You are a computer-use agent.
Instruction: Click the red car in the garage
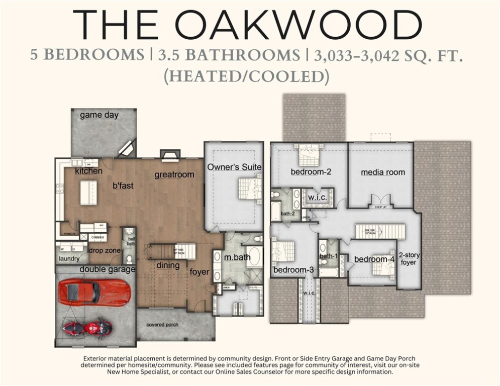tap(94, 293)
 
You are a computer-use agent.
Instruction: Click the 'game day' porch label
tap(99, 115)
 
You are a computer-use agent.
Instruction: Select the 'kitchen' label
tap(88, 171)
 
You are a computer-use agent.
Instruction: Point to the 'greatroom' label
tap(174, 175)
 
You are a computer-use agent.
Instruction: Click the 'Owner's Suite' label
tap(235, 167)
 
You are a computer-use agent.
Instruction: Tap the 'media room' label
tap(382, 172)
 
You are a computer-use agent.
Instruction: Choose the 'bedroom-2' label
tap(311, 172)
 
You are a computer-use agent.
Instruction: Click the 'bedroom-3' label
tap(293, 270)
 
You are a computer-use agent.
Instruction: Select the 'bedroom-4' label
tap(374, 259)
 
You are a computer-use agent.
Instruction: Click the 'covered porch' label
tap(162, 325)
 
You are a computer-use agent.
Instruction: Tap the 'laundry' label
tap(69, 259)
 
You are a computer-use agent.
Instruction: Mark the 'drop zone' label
tap(104, 250)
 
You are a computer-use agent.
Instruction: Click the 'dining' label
tap(167, 265)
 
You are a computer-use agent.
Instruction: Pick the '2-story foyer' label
tap(409, 258)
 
